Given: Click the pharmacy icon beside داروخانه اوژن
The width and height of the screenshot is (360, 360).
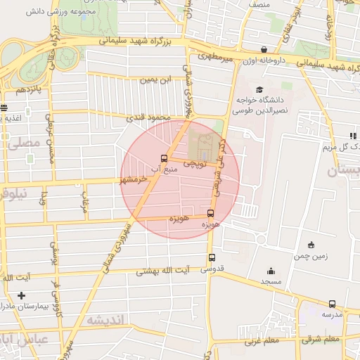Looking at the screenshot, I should (x=264, y=50).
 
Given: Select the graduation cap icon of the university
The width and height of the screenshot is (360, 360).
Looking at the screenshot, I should (x=259, y=89).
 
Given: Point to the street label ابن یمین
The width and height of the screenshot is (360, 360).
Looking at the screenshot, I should (x=156, y=80).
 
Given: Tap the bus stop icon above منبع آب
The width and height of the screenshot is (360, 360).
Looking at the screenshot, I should (x=164, y=158).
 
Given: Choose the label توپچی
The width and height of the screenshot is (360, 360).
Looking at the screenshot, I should (x=194, y=163).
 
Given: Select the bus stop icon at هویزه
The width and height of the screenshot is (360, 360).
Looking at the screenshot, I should (x=210, y=213).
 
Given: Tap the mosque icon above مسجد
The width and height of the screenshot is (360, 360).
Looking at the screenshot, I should (x=271, y=271).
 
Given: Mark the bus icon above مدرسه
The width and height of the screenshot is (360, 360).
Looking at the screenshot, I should (x=332, y=304).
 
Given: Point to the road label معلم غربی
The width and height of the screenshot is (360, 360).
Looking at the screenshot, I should (x=261, y=342).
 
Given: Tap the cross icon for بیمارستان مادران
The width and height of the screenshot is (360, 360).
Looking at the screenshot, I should (x=21, y=295).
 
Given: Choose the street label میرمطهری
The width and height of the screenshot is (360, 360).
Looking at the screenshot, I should (x=214, y=54).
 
